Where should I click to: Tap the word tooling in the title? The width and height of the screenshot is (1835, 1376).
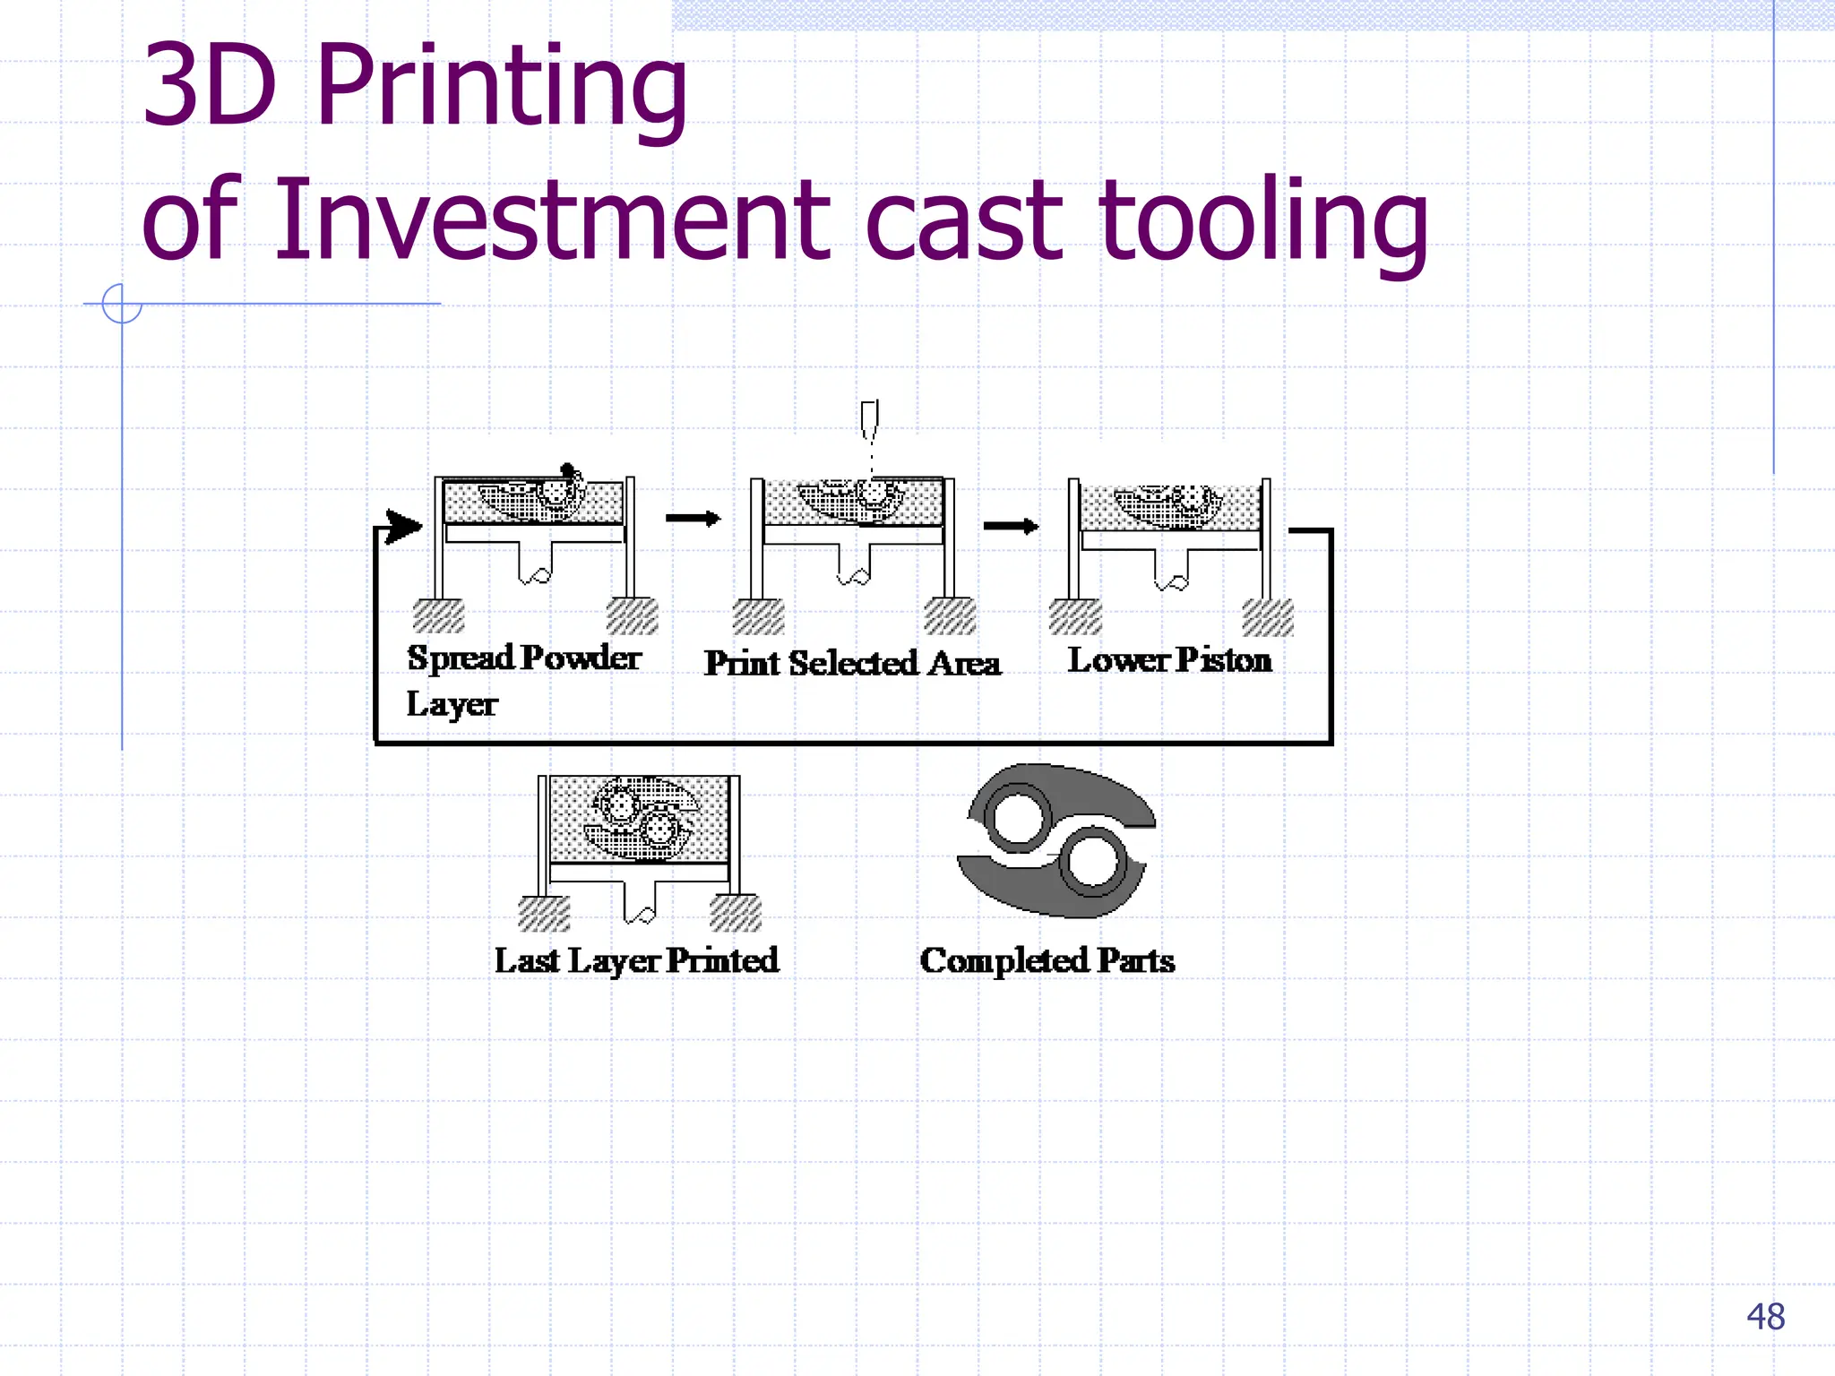1263,219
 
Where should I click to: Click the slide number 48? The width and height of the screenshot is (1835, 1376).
1765,1317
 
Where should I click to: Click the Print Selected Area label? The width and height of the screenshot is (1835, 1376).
852,664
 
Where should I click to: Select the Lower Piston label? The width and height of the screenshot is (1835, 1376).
1169,660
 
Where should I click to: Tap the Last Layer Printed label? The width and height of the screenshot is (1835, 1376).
636,960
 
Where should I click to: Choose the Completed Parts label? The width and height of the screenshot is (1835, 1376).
1047,960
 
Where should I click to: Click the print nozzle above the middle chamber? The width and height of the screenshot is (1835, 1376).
869,419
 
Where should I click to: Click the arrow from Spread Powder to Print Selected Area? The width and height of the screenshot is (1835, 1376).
693,518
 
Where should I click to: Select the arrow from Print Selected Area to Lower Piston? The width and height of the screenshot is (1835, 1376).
1011,526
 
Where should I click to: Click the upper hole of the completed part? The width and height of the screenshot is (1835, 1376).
1017,818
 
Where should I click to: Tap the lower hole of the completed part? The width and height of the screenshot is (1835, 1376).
1093,862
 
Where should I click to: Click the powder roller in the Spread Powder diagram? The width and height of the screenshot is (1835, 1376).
567,469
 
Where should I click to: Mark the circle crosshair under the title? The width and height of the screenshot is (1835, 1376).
122,304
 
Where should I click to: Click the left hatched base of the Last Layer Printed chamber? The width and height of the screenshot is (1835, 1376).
544,913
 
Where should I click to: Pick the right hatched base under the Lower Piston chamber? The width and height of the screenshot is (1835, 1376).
1268,617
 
